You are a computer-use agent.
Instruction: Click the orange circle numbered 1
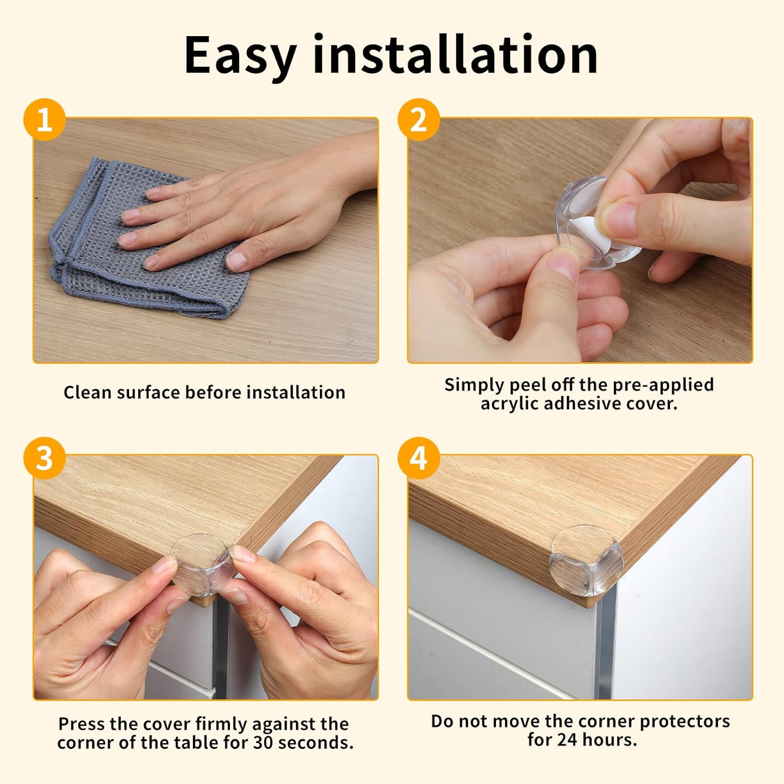[44, 120]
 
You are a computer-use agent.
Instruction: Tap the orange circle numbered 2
[418, 120]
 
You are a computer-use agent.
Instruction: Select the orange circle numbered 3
[44, 458]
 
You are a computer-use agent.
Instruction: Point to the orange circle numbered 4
[418, 458]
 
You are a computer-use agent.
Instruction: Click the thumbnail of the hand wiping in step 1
[205, 240]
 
